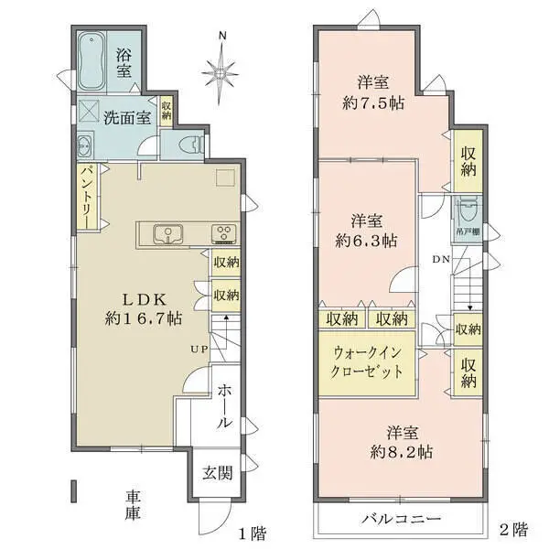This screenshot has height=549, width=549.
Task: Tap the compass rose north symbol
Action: pyautogui.click(x=221, y=69)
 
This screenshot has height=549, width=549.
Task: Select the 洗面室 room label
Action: pyautogui.click(x=125, y=117)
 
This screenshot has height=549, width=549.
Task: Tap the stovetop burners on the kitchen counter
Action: pyautogui.click(x=222, y=233)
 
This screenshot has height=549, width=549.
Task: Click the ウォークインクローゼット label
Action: pyautogui.click(x=367, y=363)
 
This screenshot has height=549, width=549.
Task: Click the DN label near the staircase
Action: pyautogui.click(x=440, y=258)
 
